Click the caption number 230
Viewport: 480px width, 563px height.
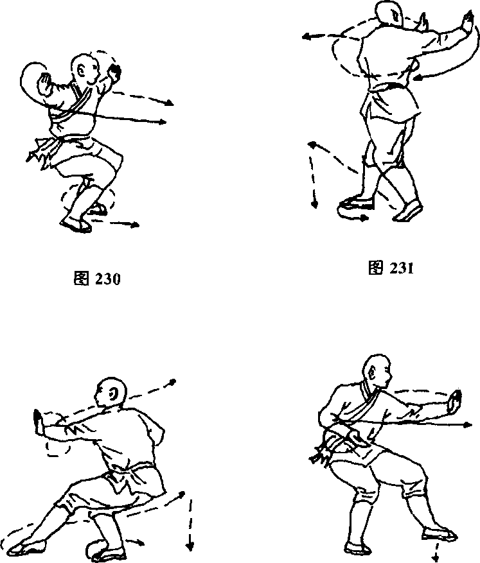[108, 279]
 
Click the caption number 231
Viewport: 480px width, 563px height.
[401, 268]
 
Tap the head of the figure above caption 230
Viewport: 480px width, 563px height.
[84, 69]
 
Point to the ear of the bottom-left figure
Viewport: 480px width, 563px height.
[114, 395]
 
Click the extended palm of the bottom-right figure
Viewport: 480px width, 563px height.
[454, 402]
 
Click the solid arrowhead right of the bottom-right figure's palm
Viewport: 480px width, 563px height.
[467, 425]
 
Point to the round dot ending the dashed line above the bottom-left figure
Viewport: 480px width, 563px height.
[173, 382]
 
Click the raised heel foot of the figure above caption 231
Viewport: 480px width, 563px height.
[409, 211]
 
